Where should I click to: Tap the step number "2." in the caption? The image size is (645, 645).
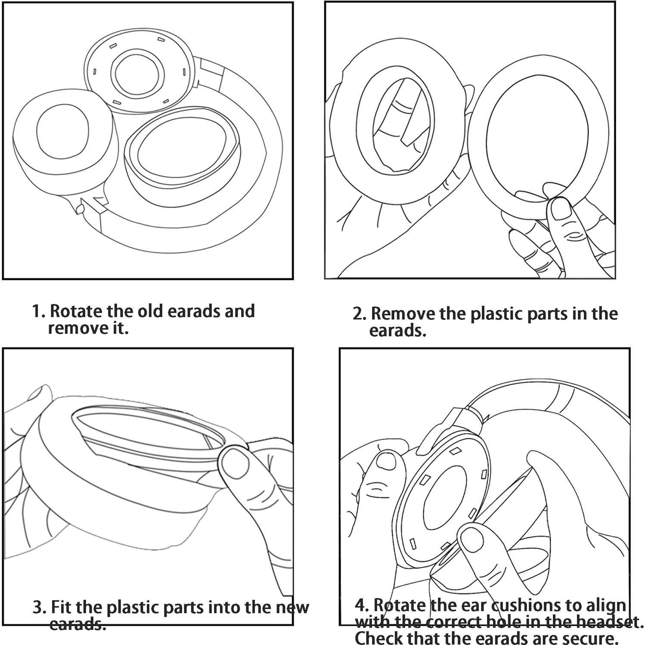coord(359,314)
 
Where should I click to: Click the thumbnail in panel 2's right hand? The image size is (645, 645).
coord(561,210)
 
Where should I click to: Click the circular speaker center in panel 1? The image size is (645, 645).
coord(137,71)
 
